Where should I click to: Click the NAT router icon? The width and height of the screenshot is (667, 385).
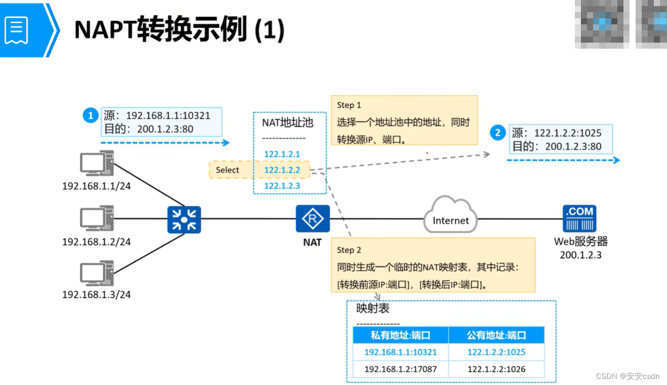coord(312,219)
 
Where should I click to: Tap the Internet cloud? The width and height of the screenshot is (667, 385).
coord(450,217)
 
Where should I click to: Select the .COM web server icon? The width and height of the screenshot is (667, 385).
coord(579,219)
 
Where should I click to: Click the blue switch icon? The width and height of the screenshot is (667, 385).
coord(184,220)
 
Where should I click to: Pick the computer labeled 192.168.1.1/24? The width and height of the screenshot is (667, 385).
coord(96,164)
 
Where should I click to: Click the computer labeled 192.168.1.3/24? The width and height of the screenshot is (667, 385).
coord(96,273)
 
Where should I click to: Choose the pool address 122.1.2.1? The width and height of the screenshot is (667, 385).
coord(282,154)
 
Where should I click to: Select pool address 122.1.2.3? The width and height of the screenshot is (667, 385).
coord(282,186)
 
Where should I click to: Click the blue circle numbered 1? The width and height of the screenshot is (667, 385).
coord(90,116)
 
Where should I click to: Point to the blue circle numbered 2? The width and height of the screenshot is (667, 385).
coord(497,133)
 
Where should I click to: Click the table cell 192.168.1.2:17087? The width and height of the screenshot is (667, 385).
coord(400,369)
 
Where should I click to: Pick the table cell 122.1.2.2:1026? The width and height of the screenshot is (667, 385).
coord(496,369)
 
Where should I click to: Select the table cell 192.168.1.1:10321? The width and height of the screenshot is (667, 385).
coord(400,352)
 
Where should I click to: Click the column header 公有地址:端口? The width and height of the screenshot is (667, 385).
coord(496,335)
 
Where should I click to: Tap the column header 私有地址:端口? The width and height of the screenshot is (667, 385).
coord(400,335)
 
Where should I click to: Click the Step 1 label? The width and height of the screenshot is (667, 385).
coord(349,105)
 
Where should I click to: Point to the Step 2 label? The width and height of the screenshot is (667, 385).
coord(349,250)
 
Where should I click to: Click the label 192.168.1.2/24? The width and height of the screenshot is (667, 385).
coord(96,242)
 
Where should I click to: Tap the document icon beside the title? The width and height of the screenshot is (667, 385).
coord(16,29)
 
